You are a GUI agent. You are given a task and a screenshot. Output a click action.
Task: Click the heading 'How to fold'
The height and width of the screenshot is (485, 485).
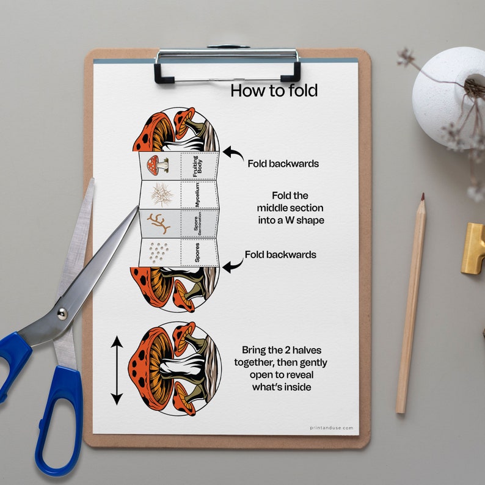[x=274, y=91]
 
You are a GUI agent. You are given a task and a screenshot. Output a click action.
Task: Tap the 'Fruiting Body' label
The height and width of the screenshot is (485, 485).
[x=197, y=166]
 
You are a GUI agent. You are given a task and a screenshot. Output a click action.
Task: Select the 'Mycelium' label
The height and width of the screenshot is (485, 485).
[x=197, y=194]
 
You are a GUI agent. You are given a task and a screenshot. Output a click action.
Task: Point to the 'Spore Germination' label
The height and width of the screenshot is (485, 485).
[x=197, y=224]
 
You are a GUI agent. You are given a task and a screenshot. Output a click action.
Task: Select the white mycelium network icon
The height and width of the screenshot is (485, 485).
[x=161, y=194]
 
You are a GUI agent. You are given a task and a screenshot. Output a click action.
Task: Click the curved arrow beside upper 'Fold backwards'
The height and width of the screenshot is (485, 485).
[x=232, y=153]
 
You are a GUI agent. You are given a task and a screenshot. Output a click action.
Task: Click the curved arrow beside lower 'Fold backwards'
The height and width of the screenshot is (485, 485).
[x=232, y=265]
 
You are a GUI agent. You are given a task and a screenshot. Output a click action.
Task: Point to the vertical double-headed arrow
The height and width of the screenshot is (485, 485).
[x=116, y=370]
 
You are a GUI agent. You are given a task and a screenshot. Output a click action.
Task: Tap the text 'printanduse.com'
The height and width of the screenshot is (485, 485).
[x=331, y=428]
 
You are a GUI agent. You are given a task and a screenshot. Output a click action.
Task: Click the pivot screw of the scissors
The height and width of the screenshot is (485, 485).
[x=62, y=314]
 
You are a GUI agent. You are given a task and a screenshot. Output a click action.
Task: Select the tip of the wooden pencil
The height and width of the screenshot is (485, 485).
[x=422, y=197]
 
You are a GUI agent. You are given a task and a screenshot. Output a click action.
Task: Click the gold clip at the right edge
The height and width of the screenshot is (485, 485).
[x=473, y=248]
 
